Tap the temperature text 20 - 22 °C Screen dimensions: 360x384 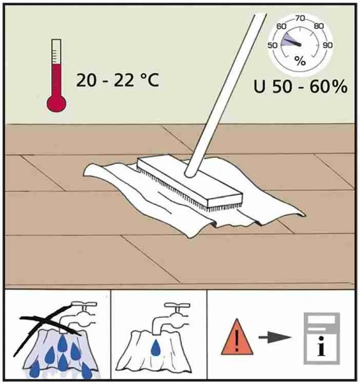[x=117, y=80]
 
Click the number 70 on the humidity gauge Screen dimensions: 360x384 [x=300, y=18]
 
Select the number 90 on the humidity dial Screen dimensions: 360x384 [x=328, y=45]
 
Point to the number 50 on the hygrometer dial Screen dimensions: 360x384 [x=272, y=45]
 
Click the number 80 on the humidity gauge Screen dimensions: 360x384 [x=318, y=26]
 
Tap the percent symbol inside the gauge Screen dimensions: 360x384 [x=300, y=61]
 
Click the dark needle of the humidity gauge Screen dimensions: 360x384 [x=292, y=42]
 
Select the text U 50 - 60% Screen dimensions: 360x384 [x=301, y=86]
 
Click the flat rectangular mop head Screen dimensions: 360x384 [x=190, y=181]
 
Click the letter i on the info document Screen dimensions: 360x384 [x=322, y=346]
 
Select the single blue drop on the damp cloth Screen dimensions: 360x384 [x=155, y=347]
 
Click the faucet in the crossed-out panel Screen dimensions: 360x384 [x=79, y=316]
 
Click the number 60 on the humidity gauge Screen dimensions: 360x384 [x=281, y=26]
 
